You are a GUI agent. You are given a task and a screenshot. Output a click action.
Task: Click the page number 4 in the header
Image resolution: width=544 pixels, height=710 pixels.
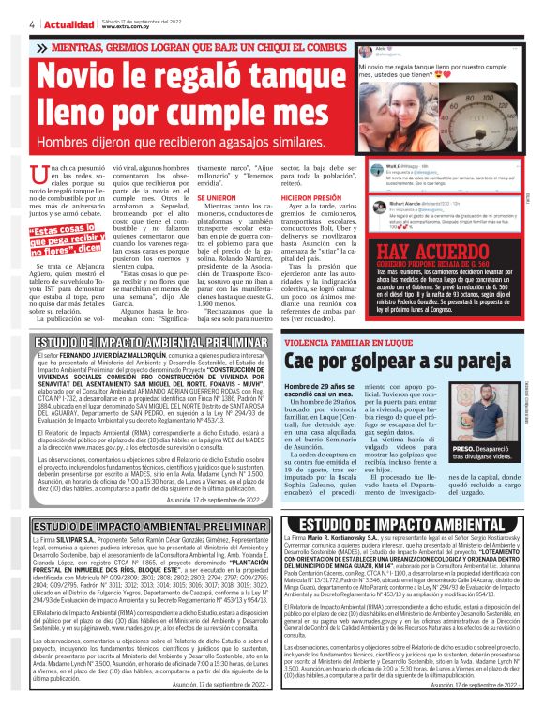[8, 24]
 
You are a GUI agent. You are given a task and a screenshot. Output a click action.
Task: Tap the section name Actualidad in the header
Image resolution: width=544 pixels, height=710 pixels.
[40, 24]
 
